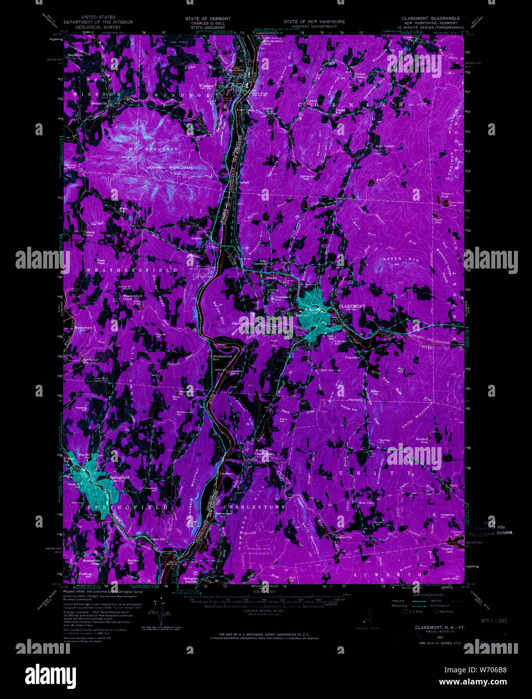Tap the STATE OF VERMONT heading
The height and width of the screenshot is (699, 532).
[208, 19]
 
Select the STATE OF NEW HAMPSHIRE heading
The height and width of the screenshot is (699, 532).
[307, 22]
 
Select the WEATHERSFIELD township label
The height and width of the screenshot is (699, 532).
[132, 271]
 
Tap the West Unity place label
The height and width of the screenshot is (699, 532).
[366, 503]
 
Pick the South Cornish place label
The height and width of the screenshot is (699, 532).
[385, 146]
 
